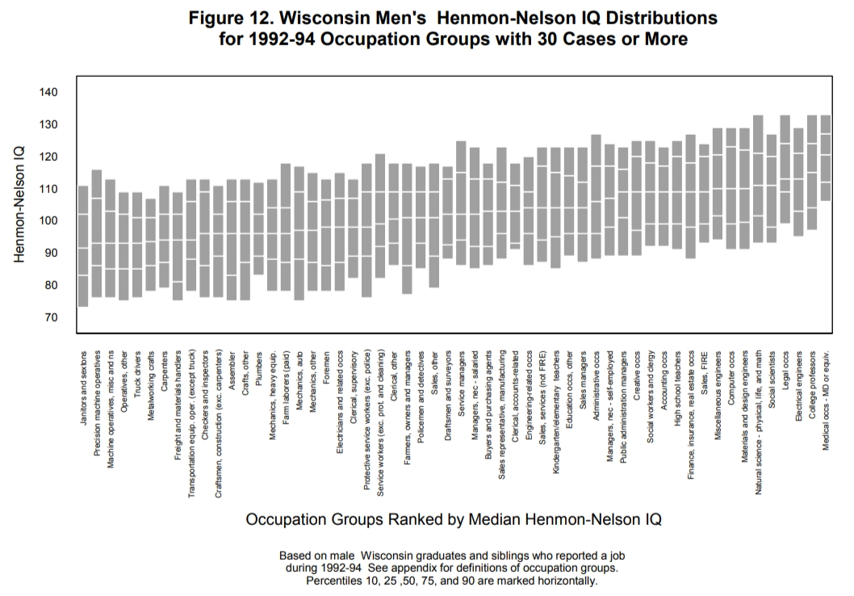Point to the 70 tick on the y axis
(50, 318)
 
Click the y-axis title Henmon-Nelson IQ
(19, 204)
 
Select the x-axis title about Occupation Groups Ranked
(454, 519)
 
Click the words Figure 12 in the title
(231, 17)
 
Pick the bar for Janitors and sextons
(83, 246)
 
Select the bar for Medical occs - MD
(825, 157)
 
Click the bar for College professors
(812, 173)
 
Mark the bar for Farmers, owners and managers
(407, 229)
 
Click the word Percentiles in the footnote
(339, 581)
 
